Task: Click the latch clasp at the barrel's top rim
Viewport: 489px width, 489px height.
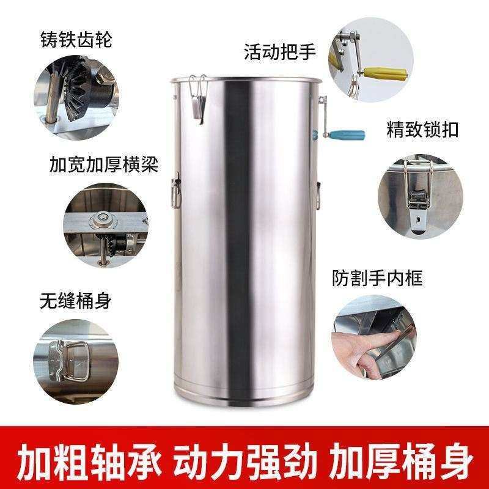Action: coord(197,98)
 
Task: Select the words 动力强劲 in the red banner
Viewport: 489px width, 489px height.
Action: coord(245,459)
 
